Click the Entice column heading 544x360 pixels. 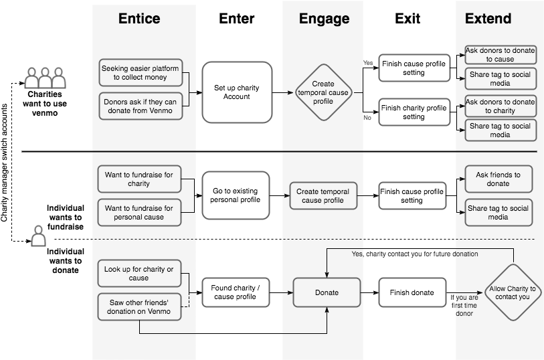coord(139,19)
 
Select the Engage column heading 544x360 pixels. coord(324,19)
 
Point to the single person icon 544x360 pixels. coord(39,236)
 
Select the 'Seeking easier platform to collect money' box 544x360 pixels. coord(140,72)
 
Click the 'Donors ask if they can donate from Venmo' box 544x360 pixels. coord(140,106)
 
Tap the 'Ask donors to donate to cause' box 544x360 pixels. coord(500,55)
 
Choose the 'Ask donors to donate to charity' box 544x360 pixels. coord(500,106)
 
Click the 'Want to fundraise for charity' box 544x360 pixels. coord(139,179)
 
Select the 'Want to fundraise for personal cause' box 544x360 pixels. coord(139,212)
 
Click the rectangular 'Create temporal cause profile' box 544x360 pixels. coord(323,195)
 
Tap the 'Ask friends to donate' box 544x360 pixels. coord(498,179)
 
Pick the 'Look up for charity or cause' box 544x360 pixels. coord(139,273)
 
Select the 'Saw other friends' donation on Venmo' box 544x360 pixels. coord(139,306)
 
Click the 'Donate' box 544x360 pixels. coord(327,292)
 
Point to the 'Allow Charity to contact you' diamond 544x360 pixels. coord(513,292)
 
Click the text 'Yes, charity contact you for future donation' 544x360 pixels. coord(415,254)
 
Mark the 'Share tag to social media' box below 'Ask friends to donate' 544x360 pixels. coord(498,212)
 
